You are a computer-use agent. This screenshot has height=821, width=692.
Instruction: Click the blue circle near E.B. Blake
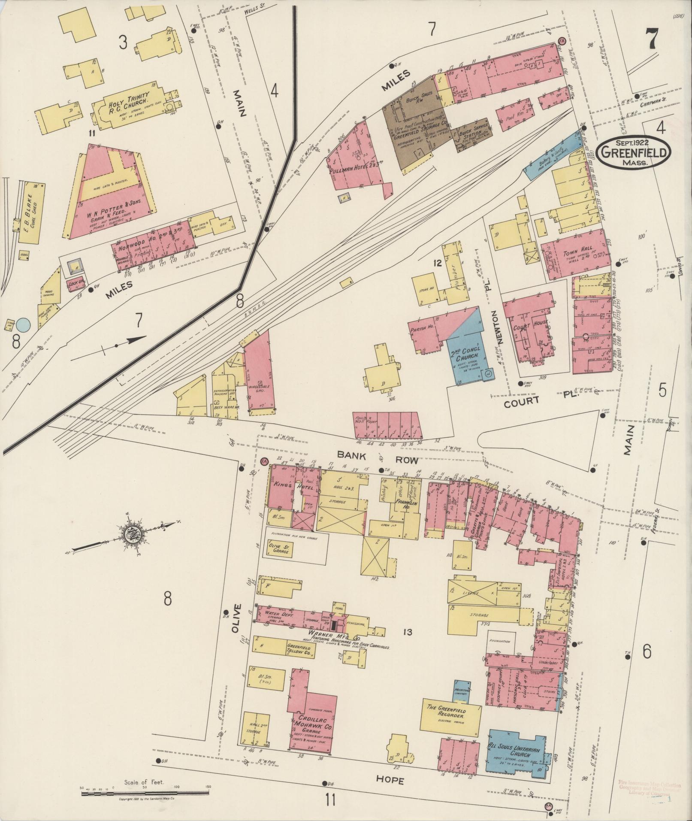pos(24,324)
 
